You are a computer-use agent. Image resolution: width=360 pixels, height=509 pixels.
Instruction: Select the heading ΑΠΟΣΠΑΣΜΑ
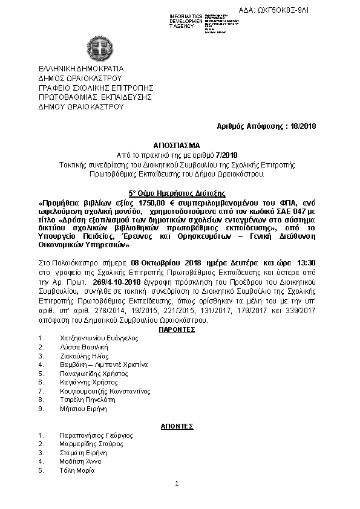pyautogui.click(x=180, y=146)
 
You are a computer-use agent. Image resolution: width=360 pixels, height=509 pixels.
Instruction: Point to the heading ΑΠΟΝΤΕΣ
pyautogui.click(x=177, y=426)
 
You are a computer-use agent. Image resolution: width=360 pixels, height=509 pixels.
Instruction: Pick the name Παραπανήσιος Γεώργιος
pyautogui.click(x=96, y=435)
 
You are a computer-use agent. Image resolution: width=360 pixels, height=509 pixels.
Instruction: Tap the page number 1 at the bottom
pyautogui.click(x=177, y=484)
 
